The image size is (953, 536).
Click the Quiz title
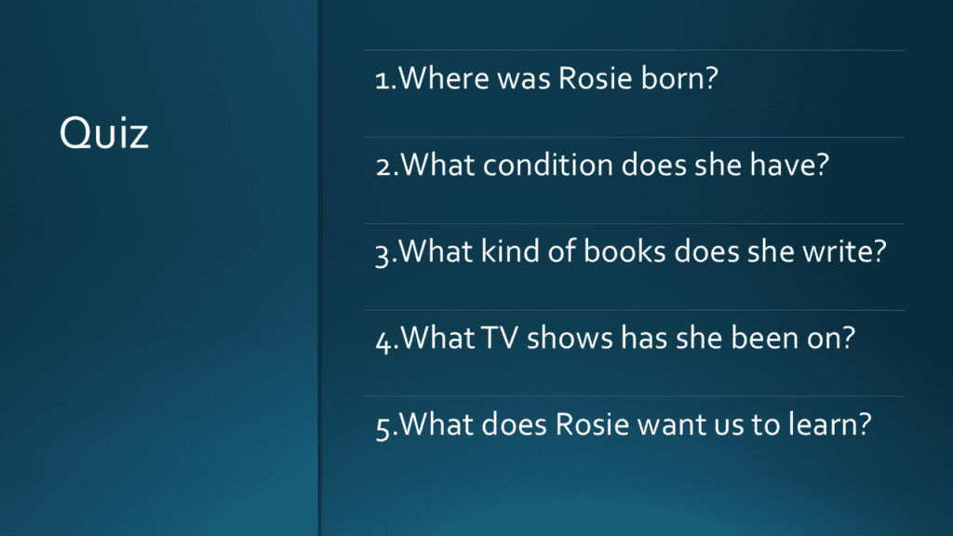[x=104, y=133]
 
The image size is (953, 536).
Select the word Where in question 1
[x=444, y=78]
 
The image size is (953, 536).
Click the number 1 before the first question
[x=382, y=80]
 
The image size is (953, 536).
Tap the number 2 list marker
[x=383, y=167]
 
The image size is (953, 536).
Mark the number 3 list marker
[x=383, y=255]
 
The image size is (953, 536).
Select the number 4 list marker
[x=383, y=342]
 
